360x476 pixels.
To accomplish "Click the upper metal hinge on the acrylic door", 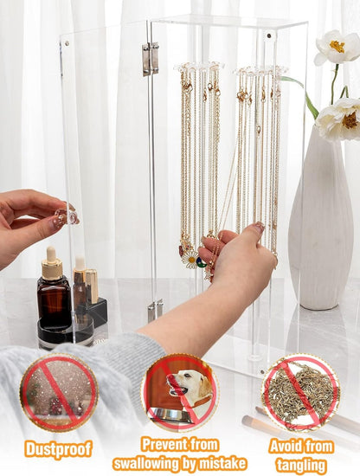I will [151, 58].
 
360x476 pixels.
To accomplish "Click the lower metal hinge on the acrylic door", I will [154, 309].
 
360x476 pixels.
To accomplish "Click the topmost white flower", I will [337, 48].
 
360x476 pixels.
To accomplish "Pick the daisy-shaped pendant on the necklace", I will [189, 259].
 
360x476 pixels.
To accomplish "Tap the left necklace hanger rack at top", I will [198, 67].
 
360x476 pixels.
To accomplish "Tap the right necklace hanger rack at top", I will [260, 69].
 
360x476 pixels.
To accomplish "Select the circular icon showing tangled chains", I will [300, 393].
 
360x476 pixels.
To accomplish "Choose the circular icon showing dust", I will [59, 393].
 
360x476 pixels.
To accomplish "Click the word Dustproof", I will [59, 448].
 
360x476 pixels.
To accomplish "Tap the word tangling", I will [300, 465].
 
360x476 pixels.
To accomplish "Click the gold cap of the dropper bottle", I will [52, 267].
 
